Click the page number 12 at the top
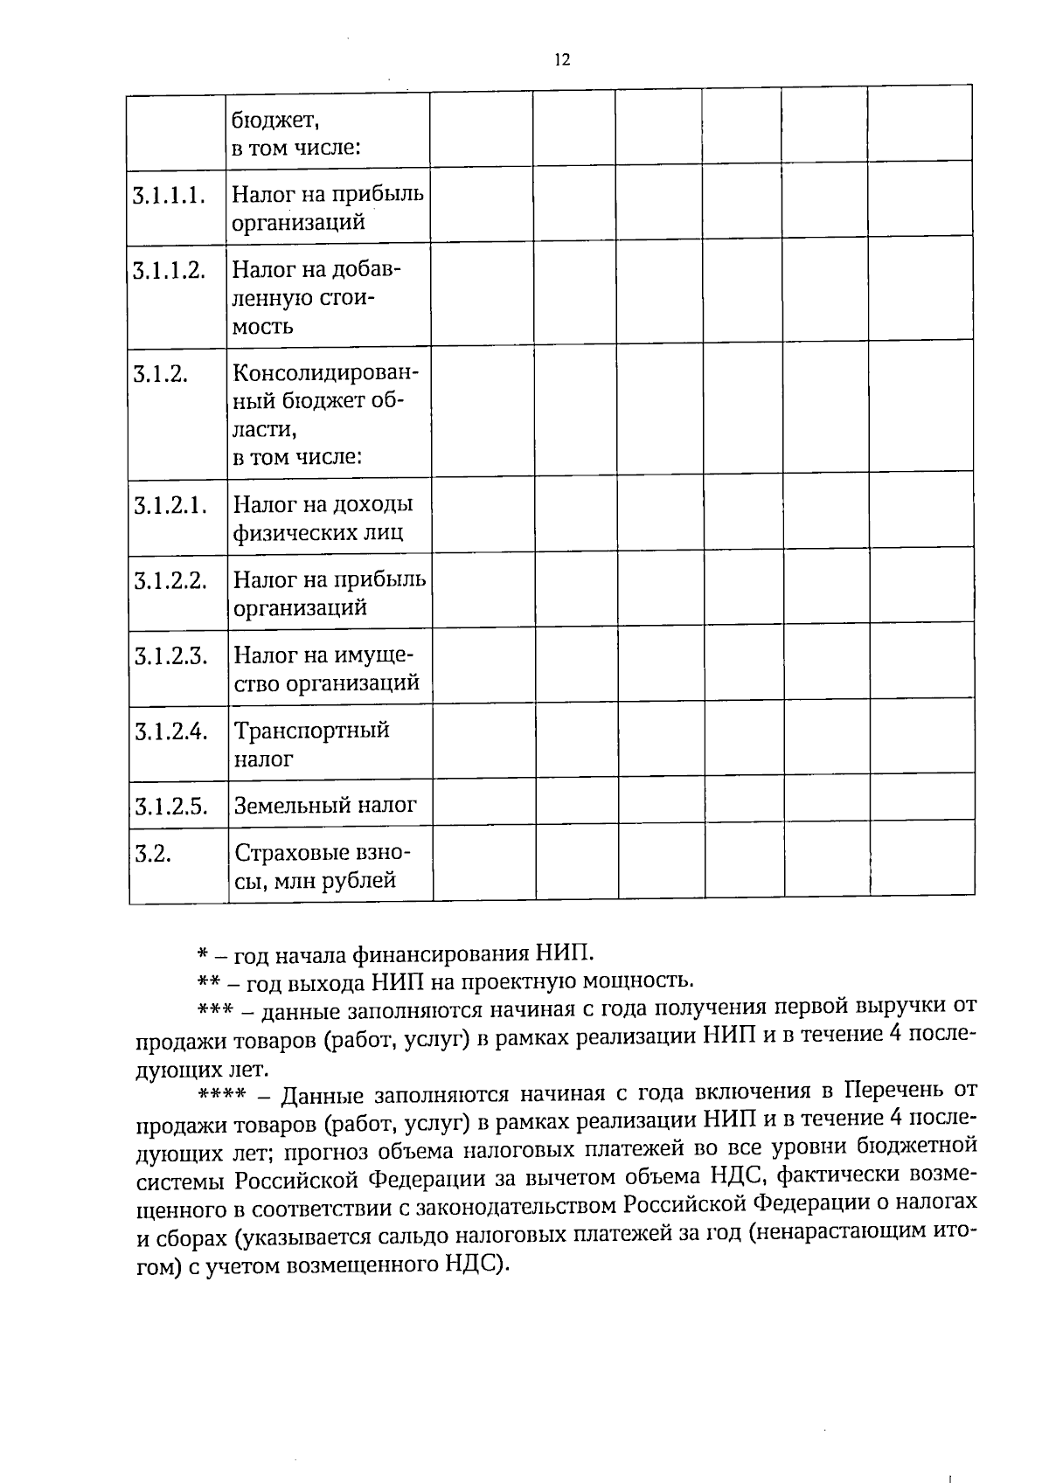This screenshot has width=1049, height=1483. [x=562, y=59]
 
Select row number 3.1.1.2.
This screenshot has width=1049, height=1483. [x=169, y=270]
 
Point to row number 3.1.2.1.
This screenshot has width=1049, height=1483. [x=170, y=505]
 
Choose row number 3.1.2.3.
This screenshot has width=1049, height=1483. [x=170, y=656]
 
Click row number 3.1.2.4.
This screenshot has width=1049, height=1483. [x=170, y=731]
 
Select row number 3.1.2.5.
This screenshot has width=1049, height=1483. [x=170, y=807]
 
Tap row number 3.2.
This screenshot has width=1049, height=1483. [x=152, y=854]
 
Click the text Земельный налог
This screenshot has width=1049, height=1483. [x=325, y=806]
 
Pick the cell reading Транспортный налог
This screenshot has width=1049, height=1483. [x=311, y=745]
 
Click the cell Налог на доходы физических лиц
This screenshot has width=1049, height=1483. [x=323, y=518]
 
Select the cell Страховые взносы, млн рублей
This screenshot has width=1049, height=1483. [x=321, y=867]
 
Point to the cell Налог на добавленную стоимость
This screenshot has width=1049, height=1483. [x=316, y=298]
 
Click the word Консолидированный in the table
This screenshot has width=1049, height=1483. [x=326, y=373]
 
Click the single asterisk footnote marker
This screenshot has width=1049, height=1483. [x=202, y=953]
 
